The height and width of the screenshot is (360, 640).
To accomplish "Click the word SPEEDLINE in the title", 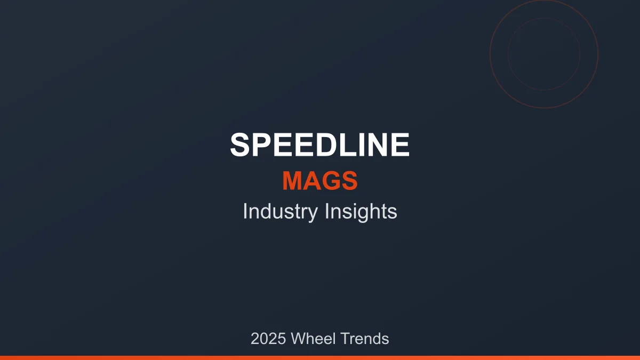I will click(x=320, y=145).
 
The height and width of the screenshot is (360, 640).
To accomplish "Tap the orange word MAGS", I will click(x=320, y=181).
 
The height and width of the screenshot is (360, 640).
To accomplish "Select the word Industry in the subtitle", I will click(x=279, y=212).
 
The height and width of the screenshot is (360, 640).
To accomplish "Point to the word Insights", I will click(x=361, y=212).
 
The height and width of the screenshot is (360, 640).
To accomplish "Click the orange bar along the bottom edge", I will click(x=320, y=357).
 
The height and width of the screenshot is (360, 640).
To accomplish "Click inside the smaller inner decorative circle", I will click(x=544, y=53).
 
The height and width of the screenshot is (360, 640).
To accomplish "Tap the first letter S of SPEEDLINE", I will click(x=241, y=145).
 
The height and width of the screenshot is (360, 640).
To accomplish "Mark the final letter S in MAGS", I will click(x=349, y=181).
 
